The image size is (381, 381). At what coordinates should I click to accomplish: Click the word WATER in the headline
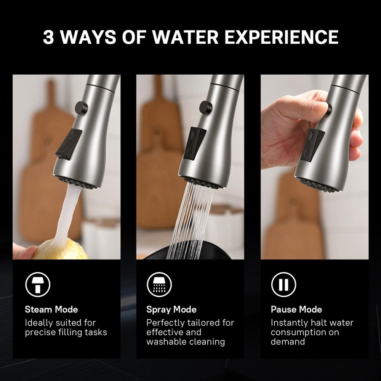point(186,37)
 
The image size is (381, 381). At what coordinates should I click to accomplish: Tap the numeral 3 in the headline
point(48,37)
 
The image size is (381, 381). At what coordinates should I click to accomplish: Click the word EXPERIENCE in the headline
point(282,37)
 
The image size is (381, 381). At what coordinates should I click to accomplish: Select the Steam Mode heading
point(51,309)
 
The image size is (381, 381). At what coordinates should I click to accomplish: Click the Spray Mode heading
point(171,309)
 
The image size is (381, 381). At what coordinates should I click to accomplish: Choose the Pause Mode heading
point(296,309)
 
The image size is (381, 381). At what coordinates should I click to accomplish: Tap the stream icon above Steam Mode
point(38,285)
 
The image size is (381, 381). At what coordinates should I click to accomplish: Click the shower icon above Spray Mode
point(159,285)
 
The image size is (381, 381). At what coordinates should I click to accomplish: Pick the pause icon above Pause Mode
point(283,285)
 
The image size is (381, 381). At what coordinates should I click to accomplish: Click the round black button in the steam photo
point(81,107)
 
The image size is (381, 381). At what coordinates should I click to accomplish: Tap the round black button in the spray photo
point(206,107)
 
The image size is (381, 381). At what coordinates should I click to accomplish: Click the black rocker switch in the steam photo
point(69,144)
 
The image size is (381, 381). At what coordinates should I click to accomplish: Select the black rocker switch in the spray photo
point(194,143)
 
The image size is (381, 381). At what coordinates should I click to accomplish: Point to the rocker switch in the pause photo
point(312,145)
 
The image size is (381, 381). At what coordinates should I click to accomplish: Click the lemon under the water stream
point(61,250)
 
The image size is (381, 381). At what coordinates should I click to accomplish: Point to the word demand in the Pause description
point(288,342)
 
